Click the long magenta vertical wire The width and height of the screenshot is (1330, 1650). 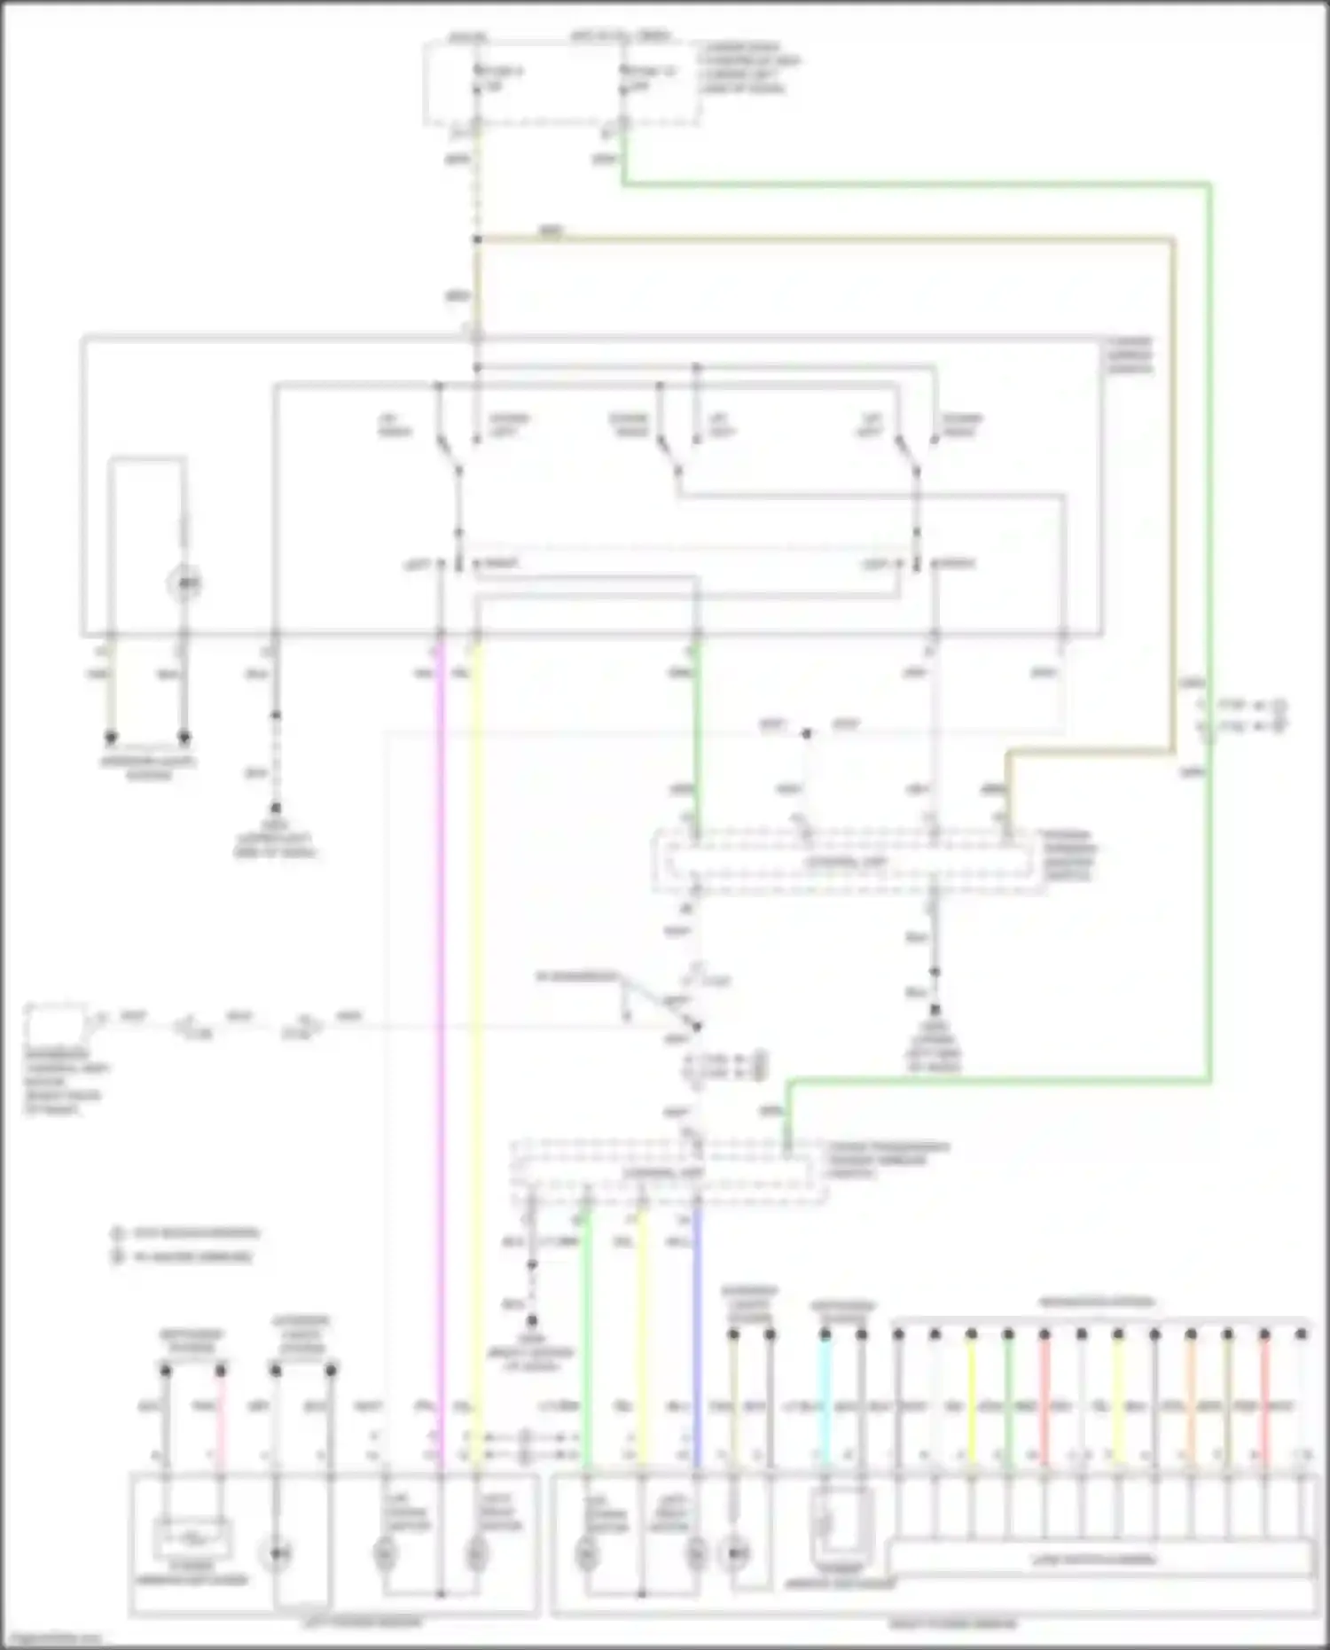click(x=440, y=1020)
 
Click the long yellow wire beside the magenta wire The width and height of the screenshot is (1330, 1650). click(x=476, y=1020)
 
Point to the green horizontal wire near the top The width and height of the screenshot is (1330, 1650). click(x=913, y=184)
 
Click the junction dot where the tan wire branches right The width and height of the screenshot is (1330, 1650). click(x=477, y=239)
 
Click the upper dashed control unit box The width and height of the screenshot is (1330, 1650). click(x=847, y=861)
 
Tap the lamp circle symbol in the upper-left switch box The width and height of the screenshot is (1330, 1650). click(x=184, y=583)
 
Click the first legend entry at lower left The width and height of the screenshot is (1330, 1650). click(x=186, y=1233)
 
